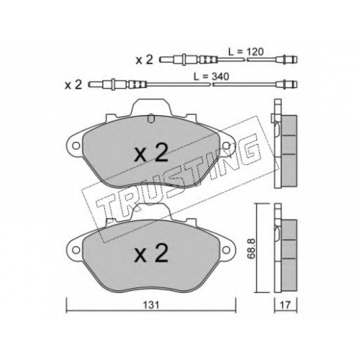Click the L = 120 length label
point(246,52)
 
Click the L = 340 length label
point(212,77)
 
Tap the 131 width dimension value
point(151,305)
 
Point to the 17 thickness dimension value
point(286,305)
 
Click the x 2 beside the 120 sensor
point(144,60)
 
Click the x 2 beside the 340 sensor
point(73,85)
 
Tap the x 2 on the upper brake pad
point(151,154)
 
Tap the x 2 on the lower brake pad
point(151,254)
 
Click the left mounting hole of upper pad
point(76,145)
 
